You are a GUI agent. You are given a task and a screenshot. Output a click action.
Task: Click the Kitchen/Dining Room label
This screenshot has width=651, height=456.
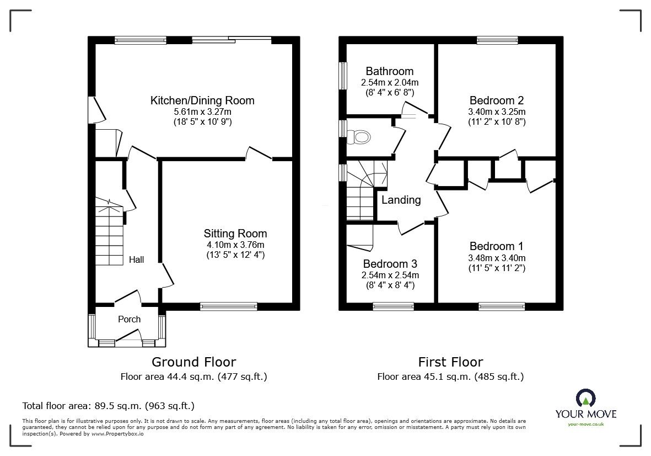point(202,100)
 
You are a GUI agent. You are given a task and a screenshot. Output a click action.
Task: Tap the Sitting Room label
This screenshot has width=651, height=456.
point(235,234)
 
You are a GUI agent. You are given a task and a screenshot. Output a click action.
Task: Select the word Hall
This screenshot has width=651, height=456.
point(136,259)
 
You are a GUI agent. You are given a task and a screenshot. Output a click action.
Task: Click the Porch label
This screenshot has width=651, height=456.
point(130,319)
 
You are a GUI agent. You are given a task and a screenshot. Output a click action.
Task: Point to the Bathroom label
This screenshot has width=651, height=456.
point(389,71)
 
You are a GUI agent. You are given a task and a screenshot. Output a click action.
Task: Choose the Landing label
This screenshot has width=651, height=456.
point(401,200)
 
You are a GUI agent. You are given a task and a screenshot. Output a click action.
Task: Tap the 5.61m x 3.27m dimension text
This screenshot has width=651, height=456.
point(202,112)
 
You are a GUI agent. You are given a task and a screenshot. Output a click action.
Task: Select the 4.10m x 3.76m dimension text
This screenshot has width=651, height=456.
point(235,245)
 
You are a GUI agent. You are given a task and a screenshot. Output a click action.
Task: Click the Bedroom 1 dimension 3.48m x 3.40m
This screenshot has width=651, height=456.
point(496,258)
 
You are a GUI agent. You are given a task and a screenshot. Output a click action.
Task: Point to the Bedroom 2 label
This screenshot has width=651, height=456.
point(496,100)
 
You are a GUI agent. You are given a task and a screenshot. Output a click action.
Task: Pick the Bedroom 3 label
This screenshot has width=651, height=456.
point(390,264)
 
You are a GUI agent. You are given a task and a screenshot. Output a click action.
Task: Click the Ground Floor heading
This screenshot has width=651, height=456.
point(193,362)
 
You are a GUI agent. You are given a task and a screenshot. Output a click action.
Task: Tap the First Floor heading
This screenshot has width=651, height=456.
point(450,362)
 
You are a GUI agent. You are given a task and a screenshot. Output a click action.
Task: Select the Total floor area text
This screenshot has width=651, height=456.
point(108,406)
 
